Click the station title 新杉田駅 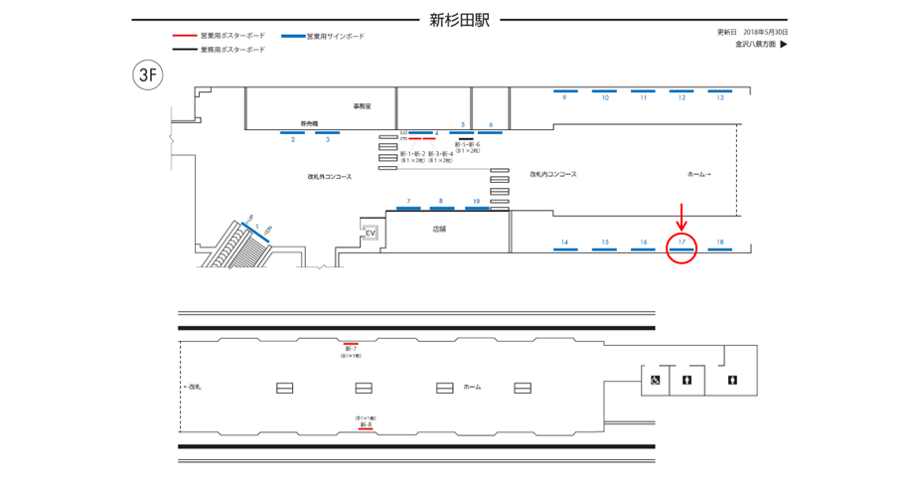[459, 19]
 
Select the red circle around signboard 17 [682, 247]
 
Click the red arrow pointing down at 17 [682, 214]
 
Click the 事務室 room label [361, 105]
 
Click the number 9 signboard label [563, 98]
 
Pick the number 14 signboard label [564, 243]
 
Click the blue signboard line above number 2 [293, 132]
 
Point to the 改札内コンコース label [553, 174]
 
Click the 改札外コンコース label [330, 177]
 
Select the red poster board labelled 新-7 [351, 343]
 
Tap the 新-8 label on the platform [366, 424]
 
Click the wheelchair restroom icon [655, 380]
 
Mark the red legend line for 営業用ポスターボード [185, 36]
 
